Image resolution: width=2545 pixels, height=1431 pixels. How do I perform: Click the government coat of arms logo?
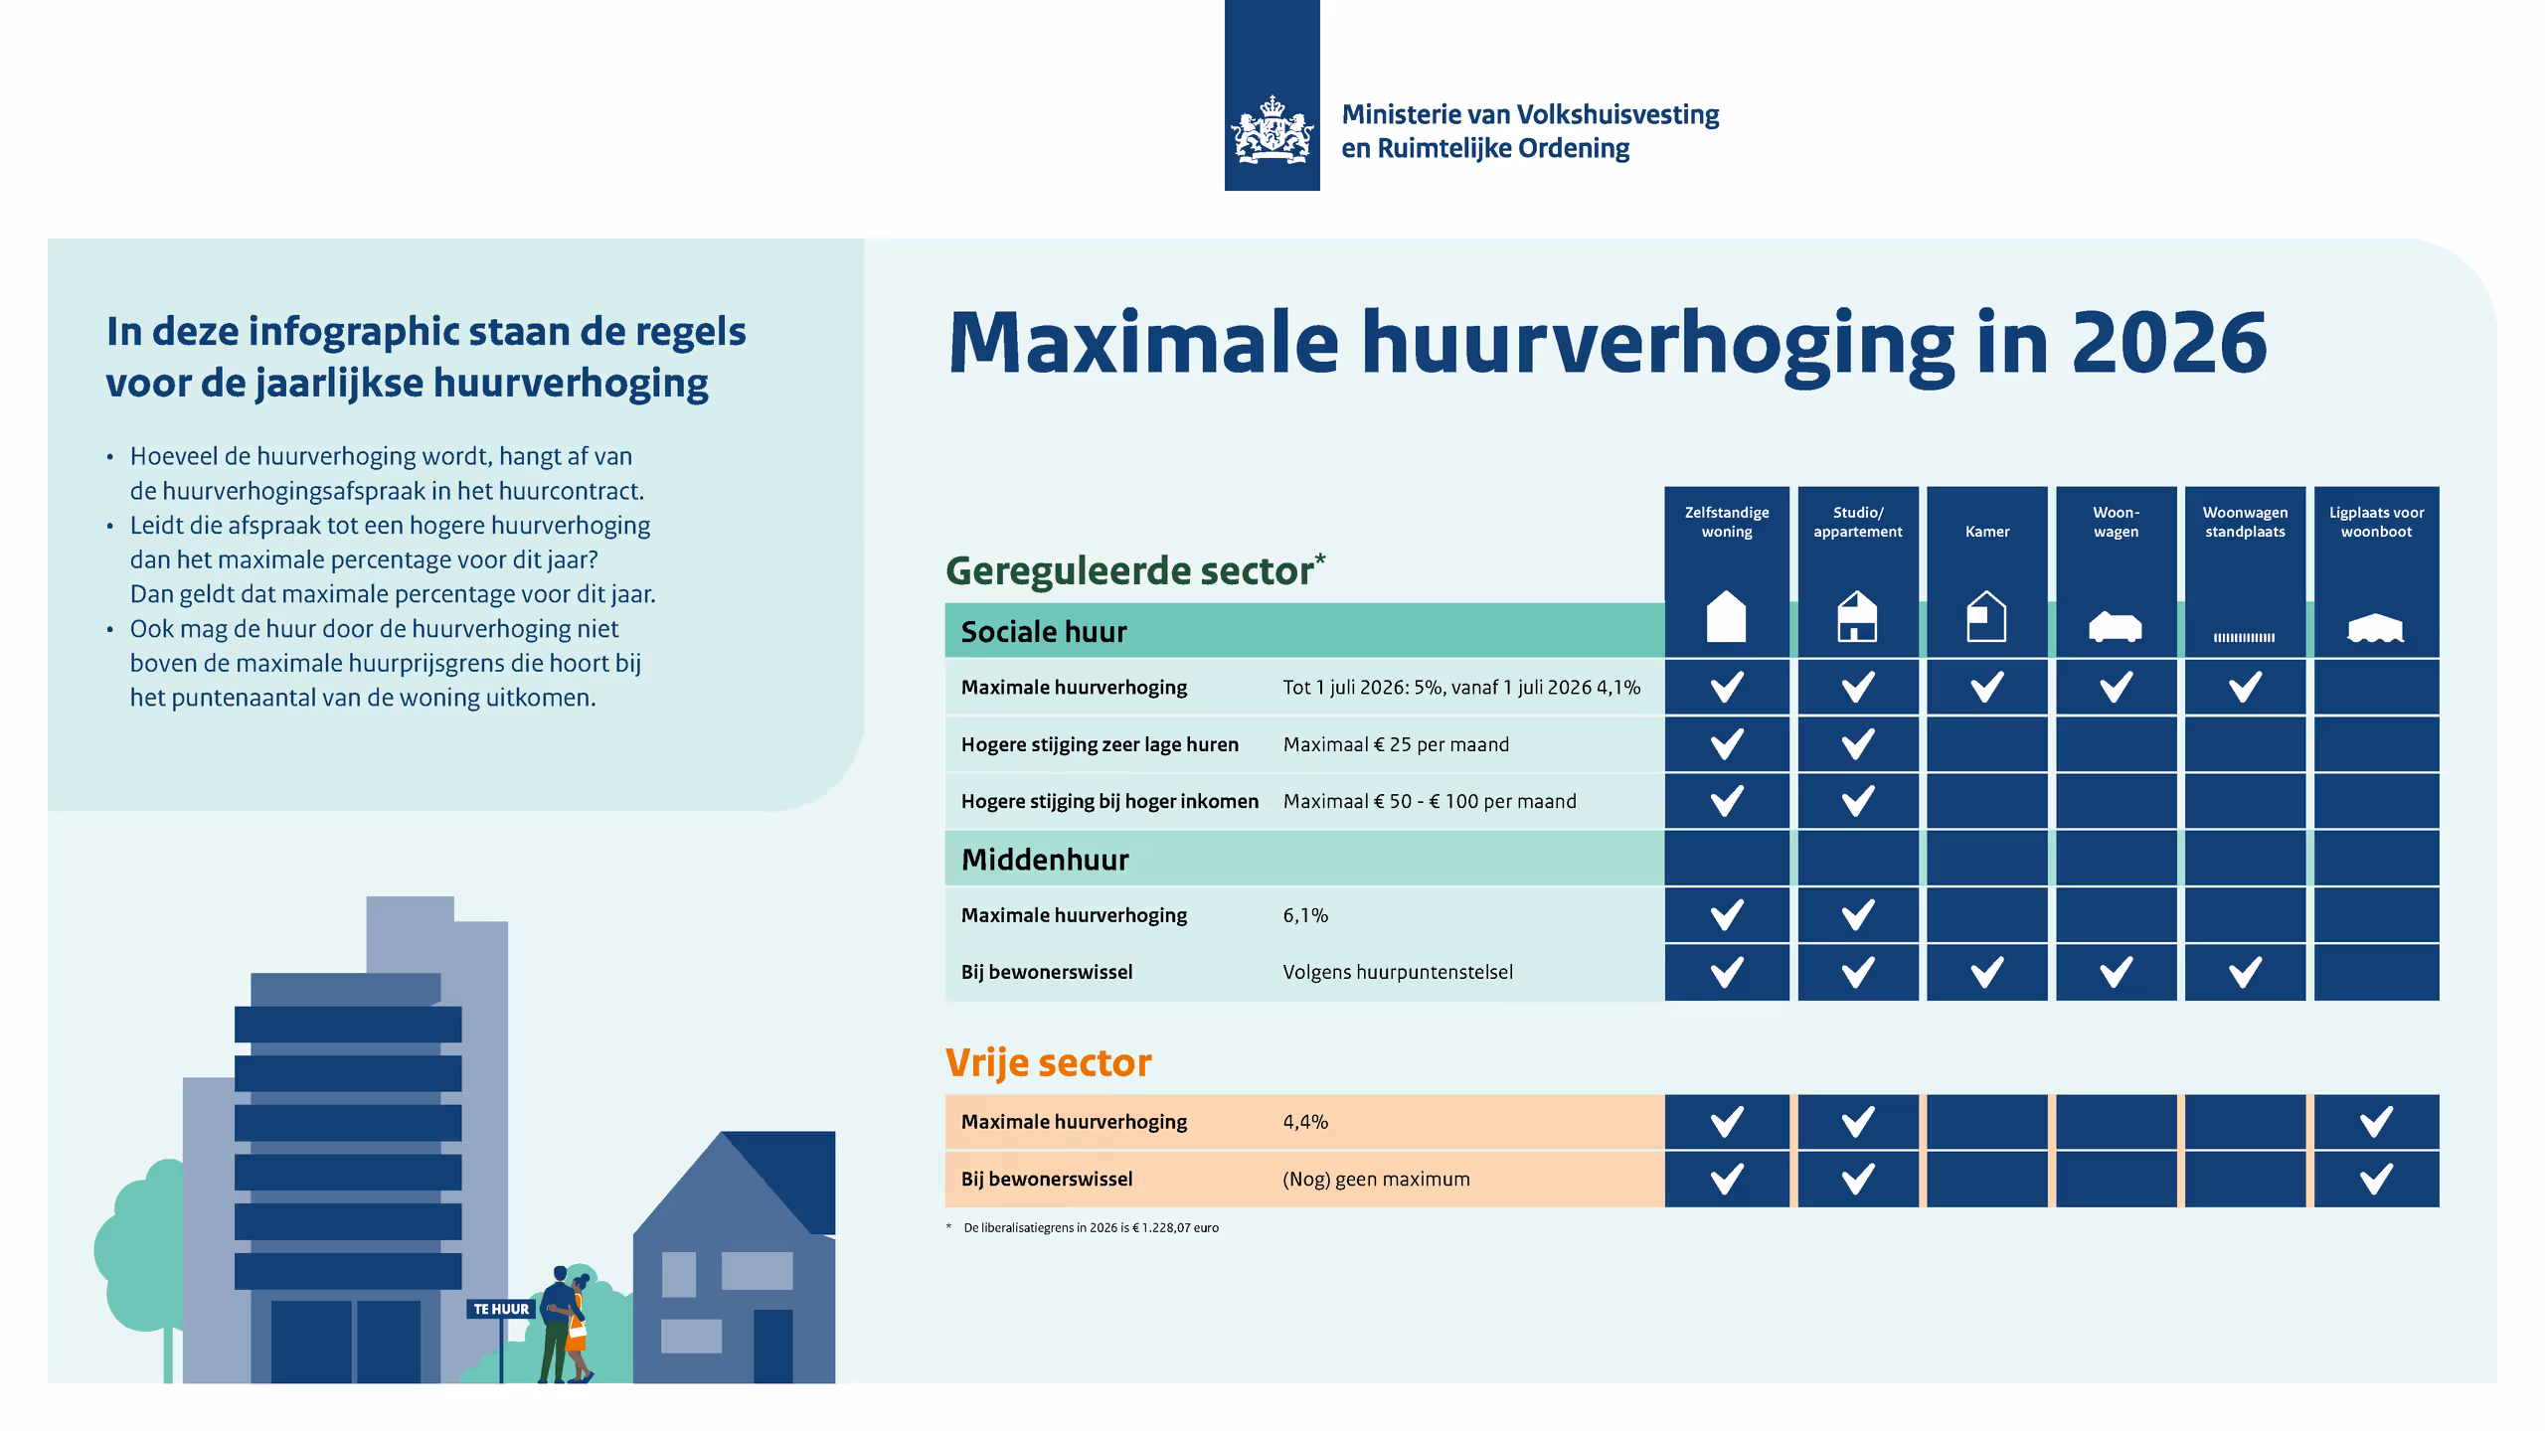click(x=1272, y=129)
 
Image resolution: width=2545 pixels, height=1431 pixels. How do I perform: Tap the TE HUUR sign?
click(x=501, y=1309)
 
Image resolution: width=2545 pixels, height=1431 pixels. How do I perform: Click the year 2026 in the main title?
click(x=2169, y=343)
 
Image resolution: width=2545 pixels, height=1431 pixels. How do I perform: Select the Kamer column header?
click(x=1986, y=532)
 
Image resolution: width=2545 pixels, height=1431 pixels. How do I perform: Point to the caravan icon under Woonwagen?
click(x=2115, y=627)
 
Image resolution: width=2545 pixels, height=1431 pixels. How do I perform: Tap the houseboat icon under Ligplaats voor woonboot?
click(x=2375, y=628)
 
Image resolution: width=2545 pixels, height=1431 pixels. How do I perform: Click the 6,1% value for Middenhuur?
click(x=1305, y=915)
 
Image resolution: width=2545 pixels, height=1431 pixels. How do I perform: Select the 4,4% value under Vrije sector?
click(x=1305, y=1122)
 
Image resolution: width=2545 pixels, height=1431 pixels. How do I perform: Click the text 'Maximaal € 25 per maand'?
click(x=1396, y=744)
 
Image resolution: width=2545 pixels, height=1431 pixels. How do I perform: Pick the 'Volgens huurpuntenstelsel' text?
click(x=1398, y=972)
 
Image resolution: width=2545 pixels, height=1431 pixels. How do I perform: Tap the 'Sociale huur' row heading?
click(x=1044, y=632)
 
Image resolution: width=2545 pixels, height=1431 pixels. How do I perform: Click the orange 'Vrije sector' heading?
click(x=1048, y=1063)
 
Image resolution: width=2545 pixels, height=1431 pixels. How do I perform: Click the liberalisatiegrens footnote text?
click(x=1091, y=1228)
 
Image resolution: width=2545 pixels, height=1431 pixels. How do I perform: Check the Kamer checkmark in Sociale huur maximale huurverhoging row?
click(x=1986, y=687)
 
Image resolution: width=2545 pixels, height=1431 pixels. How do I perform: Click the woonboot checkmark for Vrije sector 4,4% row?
click(x=2376, y=1122)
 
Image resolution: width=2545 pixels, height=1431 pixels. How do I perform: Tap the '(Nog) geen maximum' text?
click(x=1376, y=1180)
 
